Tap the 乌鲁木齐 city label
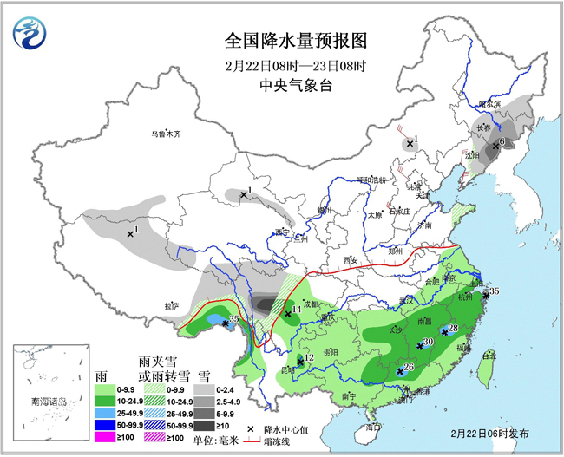pyautogui.click(x=165, y=134)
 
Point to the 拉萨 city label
pyautogui.click(x=171, y=306)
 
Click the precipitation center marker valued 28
pyautogui.click(x=444, y=330)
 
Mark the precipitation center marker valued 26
pyautogui.click(x=400, y=371)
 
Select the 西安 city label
pyautogui.click(x=350, y=260)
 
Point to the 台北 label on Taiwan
pyautogui.click(x=489, y=356)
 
